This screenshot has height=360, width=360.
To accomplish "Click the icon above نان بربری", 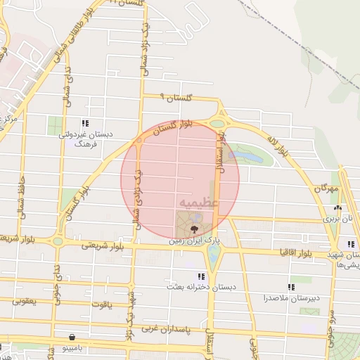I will [x=337, y=208].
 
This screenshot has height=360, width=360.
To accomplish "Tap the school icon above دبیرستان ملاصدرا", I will [x=291, y=287].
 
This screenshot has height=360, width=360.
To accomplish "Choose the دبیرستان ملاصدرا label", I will [x=292, y=298].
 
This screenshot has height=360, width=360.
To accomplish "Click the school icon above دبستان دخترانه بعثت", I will [x=202, y=276].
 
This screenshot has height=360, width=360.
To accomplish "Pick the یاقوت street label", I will [x=101, y=305].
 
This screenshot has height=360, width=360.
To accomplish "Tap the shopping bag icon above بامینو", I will [x=75, y=337].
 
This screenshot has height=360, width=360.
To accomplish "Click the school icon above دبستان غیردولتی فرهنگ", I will [x=85, y=123].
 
